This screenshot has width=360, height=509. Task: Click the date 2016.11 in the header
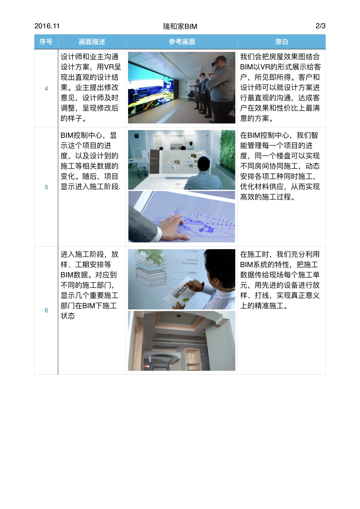click(47, 26)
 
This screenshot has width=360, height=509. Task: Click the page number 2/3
click(320, 26)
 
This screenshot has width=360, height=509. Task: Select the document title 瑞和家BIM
click(180, 27)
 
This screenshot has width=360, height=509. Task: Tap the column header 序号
click(46, 42)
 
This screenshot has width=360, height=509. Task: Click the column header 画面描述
click(92, 42)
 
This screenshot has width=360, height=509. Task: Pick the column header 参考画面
click(182, 42)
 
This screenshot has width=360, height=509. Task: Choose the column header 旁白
click(282, 42)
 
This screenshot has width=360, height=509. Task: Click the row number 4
click(46, 89)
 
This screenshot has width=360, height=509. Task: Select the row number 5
click(46, 187)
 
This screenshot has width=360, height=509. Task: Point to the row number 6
click(46, 311)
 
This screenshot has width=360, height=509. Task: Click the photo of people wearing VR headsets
click(182, 87)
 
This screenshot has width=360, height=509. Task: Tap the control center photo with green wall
click(182, 160)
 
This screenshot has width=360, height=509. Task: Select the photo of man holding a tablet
click(182, 279)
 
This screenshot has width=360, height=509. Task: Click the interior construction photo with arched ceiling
click(182, 341)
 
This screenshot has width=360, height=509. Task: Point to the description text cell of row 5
click(91, 161)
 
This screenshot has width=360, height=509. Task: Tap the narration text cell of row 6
click(280, 280)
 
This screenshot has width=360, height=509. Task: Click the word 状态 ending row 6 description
click(68, 316)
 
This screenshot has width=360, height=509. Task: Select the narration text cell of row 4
click(280, 87)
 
